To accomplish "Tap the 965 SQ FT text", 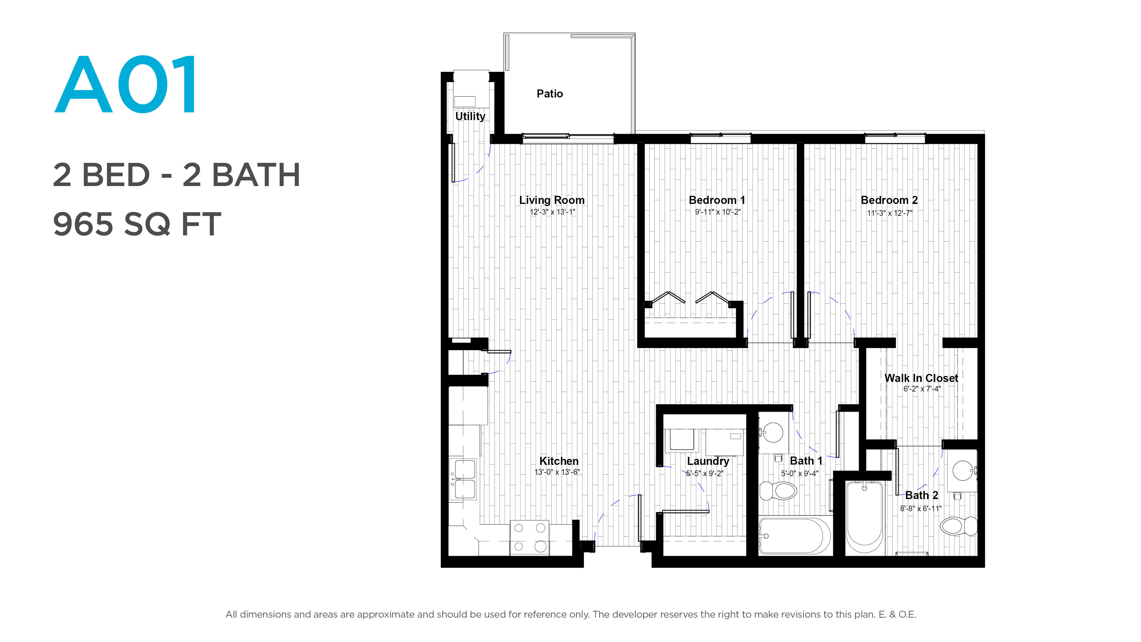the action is (x=137, y=224).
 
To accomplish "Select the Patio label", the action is (x=550, y=94).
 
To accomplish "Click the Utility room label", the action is (x=470, y=116).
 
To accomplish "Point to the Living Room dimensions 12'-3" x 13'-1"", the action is (x=552, y=212).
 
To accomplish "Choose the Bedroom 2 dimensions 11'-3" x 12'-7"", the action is (x=889, y=213).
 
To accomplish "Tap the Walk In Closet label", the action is (x=921, y=378).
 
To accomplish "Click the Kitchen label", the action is (x=559, y=461).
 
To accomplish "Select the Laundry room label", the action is (x=708, y=461).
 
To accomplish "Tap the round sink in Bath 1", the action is (x=774, y=432).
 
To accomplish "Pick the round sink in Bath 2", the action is (x=963, y=471).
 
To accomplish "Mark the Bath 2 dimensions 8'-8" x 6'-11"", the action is (x=921, y=509).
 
